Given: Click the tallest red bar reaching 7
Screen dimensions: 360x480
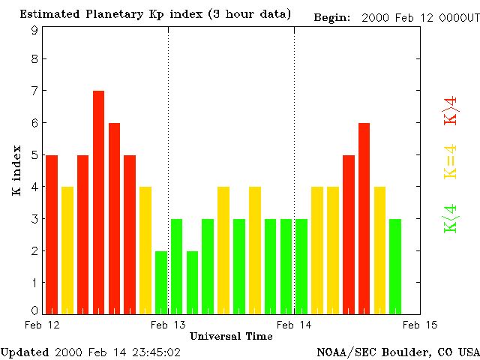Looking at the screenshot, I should click(98, 202).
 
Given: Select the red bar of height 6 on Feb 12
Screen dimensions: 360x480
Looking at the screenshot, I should click(114, 218).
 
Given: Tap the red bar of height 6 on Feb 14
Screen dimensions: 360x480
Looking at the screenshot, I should click(364, 218).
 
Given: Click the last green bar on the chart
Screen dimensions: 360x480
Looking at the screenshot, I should click(395, 266).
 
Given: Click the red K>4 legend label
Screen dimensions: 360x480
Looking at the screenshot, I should click(451, 110).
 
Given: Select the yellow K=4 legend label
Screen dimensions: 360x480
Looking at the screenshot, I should click(451, 161).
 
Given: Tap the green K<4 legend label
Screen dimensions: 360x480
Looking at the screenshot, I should click(451, 218).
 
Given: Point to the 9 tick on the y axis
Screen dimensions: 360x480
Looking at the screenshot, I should click(34, 30).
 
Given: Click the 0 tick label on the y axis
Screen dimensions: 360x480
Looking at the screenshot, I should click(34, 310).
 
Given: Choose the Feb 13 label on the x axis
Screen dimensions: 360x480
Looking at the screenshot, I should click(168, 325).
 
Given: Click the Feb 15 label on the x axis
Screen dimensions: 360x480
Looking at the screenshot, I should click(419, 325).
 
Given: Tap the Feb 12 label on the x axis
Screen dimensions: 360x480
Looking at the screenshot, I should click(42, 325).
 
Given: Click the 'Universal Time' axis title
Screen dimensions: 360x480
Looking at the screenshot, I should click(231, 336).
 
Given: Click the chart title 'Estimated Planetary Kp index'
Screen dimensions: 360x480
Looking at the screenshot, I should click(155, 14).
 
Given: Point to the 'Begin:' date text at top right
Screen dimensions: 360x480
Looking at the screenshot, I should click(394, 17).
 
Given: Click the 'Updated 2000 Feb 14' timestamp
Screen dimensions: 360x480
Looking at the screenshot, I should click(90, 352).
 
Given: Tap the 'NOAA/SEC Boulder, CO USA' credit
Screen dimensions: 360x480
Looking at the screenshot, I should click(397, 352).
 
